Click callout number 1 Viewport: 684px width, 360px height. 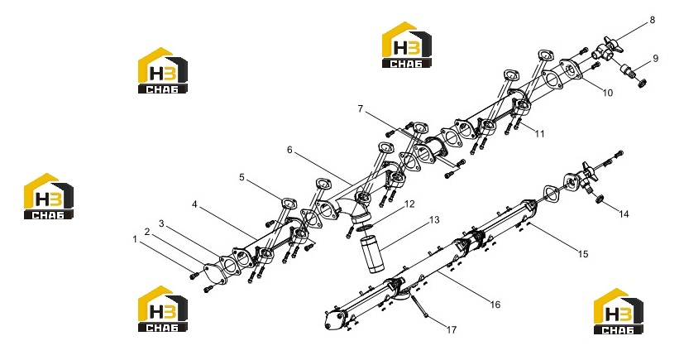tap(136, 239)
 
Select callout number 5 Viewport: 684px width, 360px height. tap(242, 178)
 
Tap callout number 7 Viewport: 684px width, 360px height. tap(361, 108)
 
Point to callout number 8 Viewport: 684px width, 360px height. tap(653, 20)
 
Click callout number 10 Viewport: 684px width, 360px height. tap(608, 93)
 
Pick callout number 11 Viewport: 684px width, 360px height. tap(539, 134)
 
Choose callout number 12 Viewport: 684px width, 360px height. tap(409, 204)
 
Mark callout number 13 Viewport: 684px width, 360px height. tap(434, 220)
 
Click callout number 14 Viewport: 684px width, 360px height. tap(624, 214)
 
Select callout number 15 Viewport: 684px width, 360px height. tap(583, 254)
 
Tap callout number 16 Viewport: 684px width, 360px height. tap(495, 305)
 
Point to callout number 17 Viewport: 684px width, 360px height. tap(452, 330)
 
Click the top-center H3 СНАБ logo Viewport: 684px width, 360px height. tap(407, 45)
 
